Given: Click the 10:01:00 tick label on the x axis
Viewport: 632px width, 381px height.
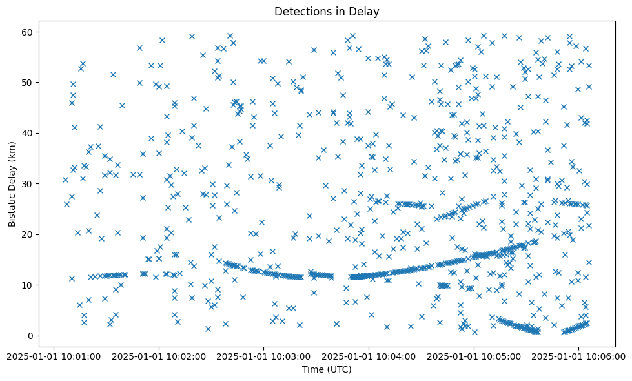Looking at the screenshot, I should click(x=54, y=355).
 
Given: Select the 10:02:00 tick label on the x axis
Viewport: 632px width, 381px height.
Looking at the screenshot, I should click(x=159, y=355).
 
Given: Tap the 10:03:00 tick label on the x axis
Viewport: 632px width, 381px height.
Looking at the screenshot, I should click(x=263, y=355).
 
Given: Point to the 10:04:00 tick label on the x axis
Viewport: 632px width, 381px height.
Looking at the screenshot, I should click(x=369, y=355).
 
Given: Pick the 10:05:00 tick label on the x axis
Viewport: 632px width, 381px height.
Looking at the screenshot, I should click(x=474, y=355).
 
